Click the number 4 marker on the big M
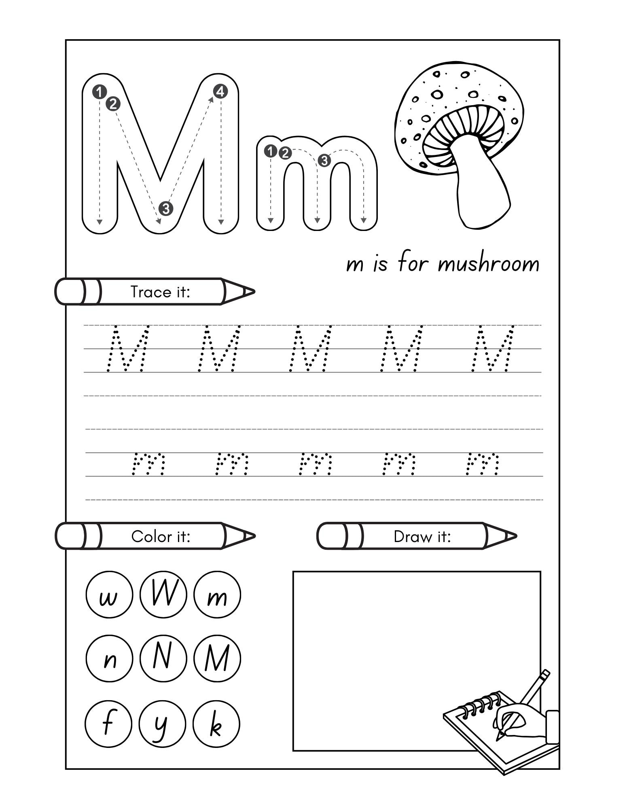coord(220,91)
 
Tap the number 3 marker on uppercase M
coord(166,209)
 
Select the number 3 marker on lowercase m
coord(324,161)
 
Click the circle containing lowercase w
coord(109,595)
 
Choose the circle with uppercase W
coord(163,594)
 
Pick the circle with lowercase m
coord(217,595)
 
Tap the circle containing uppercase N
coord(163,658)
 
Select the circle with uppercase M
coord(217,658)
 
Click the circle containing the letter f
coord(108,723)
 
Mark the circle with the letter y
coord(162,723)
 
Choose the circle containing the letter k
coord(216,723)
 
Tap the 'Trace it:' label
coord(160,292)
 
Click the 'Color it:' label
coord(161,536)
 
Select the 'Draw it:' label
coord(422,536)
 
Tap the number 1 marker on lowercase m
coord(270,152)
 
